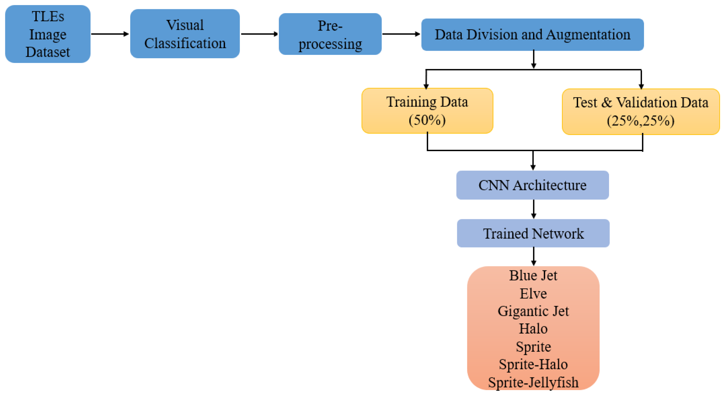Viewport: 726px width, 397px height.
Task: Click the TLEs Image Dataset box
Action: click(48, 34)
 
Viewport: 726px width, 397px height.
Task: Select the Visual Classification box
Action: click(185, 34)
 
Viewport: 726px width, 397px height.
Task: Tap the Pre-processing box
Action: click(330, 34)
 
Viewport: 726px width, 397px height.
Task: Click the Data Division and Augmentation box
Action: click(532, 35)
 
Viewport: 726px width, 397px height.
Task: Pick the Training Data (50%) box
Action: click(427, 111)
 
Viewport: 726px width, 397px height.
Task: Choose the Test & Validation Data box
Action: click(641, 112)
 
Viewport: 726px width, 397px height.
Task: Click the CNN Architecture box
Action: click(532, 185)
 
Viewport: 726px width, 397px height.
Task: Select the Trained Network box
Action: click(533, 233)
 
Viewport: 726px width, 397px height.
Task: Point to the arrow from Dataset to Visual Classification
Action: click(110, 34)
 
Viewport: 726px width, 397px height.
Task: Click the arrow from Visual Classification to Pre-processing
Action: click(259, 34)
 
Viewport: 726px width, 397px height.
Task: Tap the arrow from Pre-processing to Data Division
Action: click(401, 34)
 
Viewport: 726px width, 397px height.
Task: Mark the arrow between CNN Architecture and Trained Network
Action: click(534, 209)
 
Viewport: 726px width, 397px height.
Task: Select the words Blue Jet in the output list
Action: click(533, 275)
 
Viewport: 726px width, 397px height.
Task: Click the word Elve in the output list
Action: click(533, 293)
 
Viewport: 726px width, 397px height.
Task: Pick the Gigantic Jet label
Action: click(533, 311)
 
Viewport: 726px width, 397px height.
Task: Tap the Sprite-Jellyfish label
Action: click(533, 383)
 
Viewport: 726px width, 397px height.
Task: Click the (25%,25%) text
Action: click(641, 121)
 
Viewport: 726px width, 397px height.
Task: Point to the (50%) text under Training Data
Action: click(427, 120)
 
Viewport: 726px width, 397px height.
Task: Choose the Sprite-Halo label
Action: click(533, 365)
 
